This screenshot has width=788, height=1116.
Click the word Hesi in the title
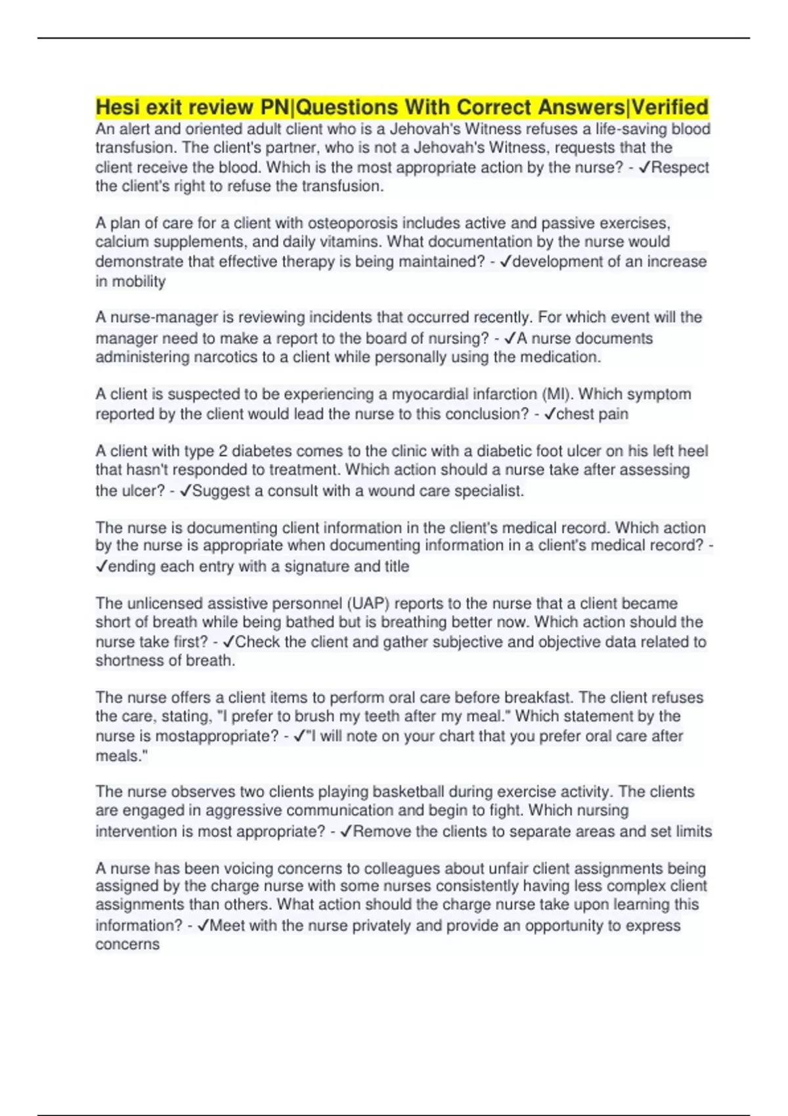[119, 106]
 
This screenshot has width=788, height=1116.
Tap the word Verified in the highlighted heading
[670, 106]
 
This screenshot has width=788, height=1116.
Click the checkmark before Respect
[644, 167]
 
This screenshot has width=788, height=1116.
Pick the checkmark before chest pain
[550, 414]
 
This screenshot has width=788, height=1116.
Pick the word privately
[382, 926]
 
